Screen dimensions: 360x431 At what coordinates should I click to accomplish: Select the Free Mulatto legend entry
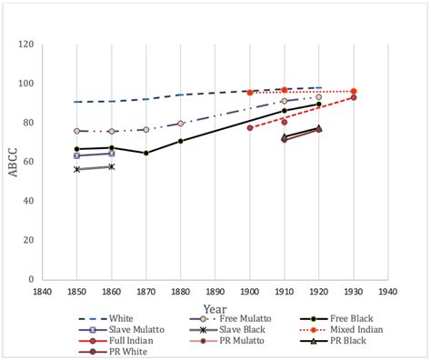[238, 318]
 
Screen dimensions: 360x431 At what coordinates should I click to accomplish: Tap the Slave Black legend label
[239, 329]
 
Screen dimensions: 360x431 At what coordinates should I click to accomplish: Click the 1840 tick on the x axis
[42, 292]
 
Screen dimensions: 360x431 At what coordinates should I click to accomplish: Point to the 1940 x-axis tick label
[388, 292]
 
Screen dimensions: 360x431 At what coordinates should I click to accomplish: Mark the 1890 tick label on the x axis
[215, 292]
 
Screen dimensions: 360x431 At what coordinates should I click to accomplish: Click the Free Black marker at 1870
[145, 153]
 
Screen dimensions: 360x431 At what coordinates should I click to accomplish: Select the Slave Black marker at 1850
[77, 169]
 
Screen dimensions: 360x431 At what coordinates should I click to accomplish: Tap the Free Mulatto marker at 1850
[77, 131]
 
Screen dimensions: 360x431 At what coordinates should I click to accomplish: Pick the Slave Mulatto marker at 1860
[111, 154]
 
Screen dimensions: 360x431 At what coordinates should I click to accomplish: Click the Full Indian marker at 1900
[250, 127]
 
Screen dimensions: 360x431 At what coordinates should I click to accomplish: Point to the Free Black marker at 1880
[180, 141]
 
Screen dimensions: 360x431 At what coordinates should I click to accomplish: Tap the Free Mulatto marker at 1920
[318, 97]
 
